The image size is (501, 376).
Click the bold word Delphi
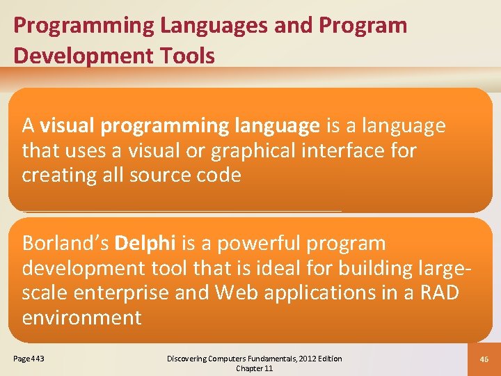(x=145, y=244)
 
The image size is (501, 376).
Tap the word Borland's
(x=65, y=244)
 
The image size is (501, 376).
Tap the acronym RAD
(x=439, y=293)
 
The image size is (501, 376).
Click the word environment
(x=81, y=318)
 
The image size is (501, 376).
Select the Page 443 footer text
(x=29, y=359)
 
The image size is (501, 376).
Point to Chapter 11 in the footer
(x=255, y=368)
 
